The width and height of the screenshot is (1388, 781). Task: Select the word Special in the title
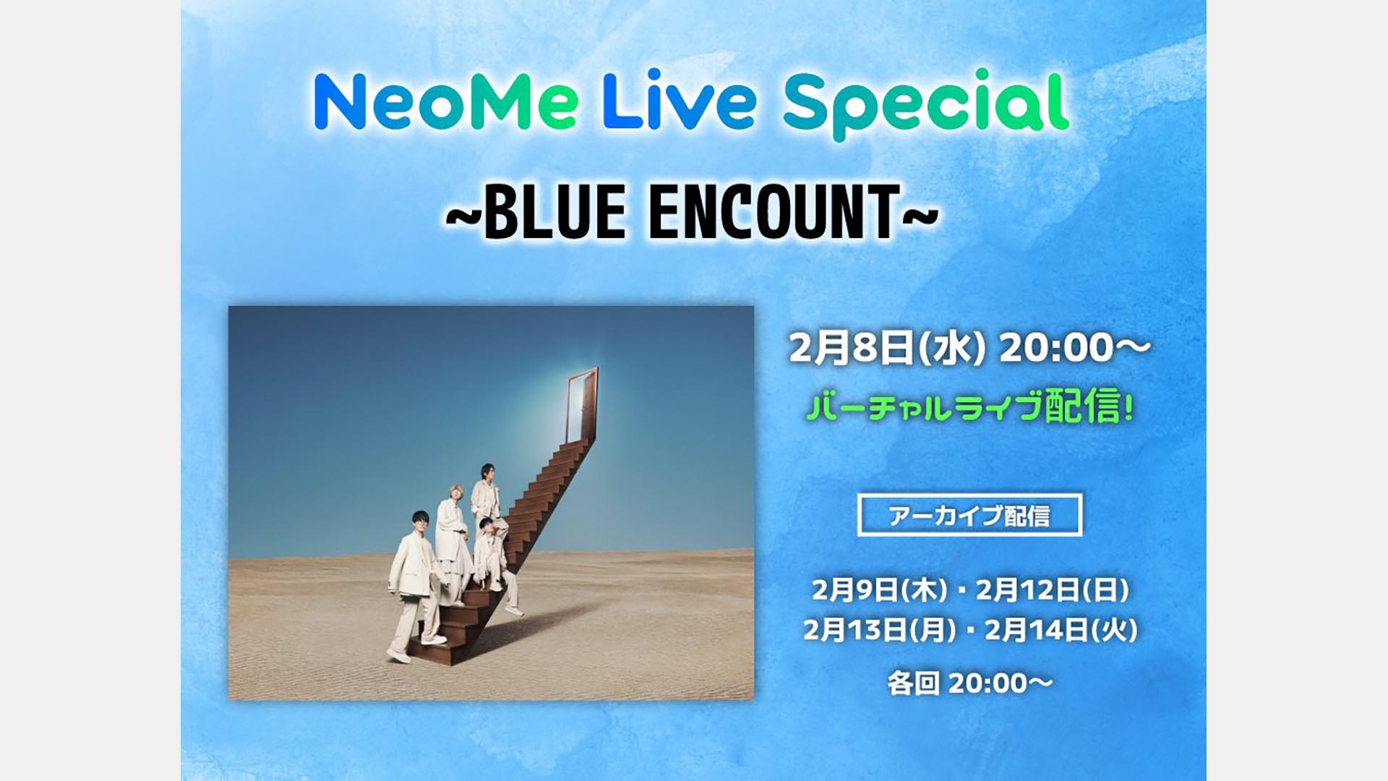(926, 105)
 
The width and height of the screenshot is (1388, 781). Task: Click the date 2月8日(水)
(887, 349)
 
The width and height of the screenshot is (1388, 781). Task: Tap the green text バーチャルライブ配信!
(969, 406)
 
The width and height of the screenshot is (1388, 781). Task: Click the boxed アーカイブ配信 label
(969, 515)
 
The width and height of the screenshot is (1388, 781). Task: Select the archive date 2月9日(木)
(879, 590)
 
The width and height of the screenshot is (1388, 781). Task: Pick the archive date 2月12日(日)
(1053, 590)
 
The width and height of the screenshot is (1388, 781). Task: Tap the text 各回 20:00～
(969, 683)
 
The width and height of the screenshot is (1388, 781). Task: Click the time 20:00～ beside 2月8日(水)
(1074, 349)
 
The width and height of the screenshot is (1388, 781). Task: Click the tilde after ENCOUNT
(921, 214)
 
